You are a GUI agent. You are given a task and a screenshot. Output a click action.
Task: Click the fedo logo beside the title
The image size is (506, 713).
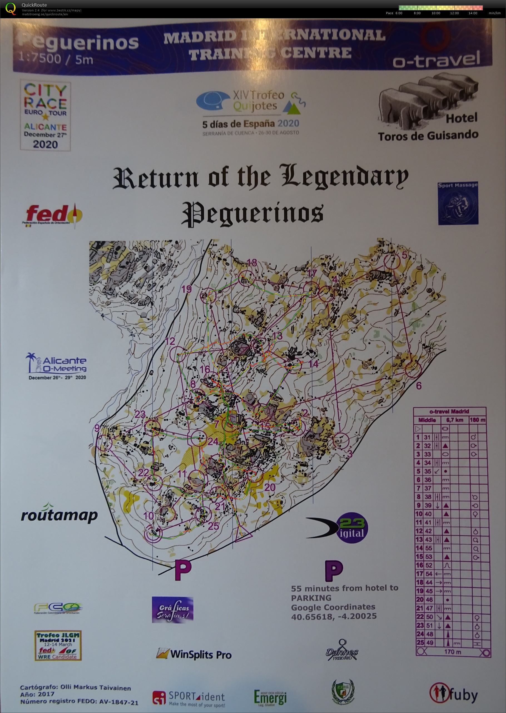click(53, 215)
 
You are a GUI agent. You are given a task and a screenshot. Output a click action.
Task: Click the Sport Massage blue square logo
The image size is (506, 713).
click(458, 203)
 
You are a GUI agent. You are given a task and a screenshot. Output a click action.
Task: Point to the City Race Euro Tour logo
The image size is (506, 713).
click(46, 116)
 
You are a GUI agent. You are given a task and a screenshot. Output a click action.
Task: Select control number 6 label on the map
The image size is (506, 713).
click(419, 386)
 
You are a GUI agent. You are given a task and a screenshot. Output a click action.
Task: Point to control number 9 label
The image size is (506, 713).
click(97, 428)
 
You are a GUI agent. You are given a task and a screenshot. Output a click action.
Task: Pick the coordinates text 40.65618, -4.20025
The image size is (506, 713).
click(334, 616)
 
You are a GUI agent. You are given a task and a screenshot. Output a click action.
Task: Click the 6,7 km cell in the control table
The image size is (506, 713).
click(455, 420)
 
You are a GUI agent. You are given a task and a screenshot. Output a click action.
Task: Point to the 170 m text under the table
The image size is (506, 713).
click(452, 652)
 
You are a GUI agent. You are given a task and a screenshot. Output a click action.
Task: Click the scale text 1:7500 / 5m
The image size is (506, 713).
click(55, 59)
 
